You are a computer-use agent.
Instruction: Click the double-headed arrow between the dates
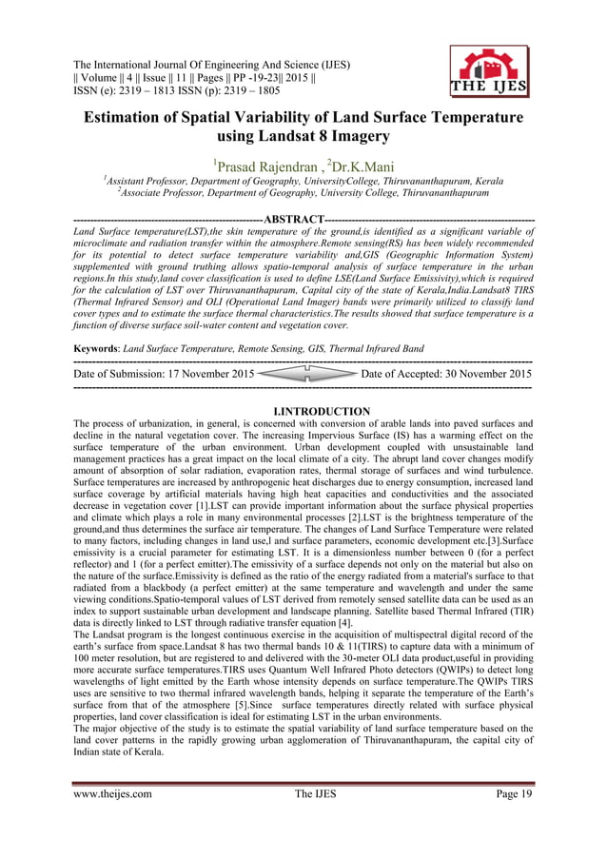(x=307, y=375)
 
